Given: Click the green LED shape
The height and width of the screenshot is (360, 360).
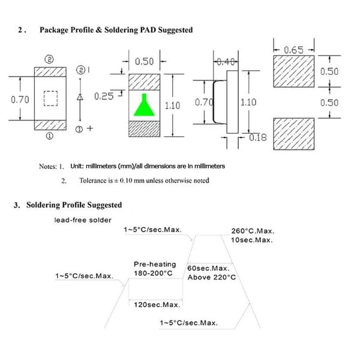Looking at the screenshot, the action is (x=144, y=106).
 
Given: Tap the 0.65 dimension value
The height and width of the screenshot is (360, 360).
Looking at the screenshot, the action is (x=293, y=50).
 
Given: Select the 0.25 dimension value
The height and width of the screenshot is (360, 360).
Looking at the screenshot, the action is (x=104, y=96).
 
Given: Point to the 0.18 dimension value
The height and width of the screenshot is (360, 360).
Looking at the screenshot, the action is (x=258, y=137).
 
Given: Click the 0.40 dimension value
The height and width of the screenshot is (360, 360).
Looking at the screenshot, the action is (x=226, y=62).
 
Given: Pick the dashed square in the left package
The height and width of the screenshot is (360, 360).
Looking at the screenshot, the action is (x=51, y=98).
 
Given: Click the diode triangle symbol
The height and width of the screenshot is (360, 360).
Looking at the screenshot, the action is (x=80, y=97).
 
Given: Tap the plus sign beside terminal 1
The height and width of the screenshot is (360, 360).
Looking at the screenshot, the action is (x=90, y=128).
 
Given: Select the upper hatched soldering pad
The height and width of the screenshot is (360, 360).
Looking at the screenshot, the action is (x=293, y=71).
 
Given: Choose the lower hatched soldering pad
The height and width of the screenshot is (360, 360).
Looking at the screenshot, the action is (x=293, y=134).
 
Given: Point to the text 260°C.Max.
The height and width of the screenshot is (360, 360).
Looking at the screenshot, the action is (x=253, y=231).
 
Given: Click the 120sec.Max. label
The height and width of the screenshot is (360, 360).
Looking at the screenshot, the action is (x=157, y=305).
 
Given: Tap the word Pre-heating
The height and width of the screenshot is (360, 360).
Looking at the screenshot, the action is (x=155, y=265).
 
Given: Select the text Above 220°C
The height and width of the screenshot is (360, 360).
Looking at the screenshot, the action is (x=212, y=277).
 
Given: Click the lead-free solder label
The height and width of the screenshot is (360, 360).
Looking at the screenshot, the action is (x=83, y=220).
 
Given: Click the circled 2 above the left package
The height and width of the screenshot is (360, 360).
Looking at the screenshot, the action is (x=49, y=59).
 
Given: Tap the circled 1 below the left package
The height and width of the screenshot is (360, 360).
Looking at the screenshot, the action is (x=49, y=136).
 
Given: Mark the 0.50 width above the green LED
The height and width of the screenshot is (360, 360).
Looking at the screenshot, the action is (x=144, y=62).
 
